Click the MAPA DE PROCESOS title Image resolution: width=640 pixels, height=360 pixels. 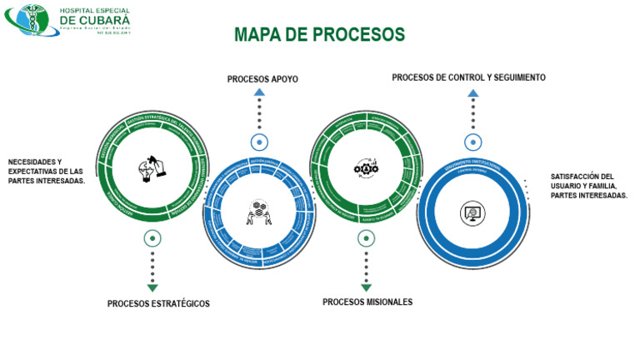tap(319, 35)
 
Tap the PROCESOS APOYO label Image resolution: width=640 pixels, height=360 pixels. tap(262, 79)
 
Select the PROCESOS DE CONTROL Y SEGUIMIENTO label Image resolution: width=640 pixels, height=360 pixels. tap(468, 77)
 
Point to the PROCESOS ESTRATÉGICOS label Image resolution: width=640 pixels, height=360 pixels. tap(158, 303)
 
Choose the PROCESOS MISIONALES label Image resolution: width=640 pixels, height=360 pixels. tap(367, 302)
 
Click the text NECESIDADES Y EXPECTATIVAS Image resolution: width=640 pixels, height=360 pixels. tap(47, 171)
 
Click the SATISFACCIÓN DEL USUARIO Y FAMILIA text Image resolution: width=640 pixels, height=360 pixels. tap(588, 185)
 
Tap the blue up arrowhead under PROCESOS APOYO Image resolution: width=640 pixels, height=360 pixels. tap(259, 92)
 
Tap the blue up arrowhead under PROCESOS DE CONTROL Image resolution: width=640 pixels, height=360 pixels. tap(472, 92)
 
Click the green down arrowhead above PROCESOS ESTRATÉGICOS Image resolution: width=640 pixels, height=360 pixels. tap(152, 287)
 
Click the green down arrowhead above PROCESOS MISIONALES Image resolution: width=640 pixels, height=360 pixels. tap(366, 287)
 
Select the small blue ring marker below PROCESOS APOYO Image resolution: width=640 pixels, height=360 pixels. tap(259, 142)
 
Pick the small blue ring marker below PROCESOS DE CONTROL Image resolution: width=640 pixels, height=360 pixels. tap(472, 142)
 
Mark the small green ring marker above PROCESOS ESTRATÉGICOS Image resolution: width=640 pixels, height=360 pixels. tap(152, 238)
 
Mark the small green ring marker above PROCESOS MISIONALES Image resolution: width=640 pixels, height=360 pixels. tap(366, 238)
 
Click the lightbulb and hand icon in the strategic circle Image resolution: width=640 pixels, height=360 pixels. tap(152, 167)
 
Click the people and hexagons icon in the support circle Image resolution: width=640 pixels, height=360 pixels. tap(259, 212)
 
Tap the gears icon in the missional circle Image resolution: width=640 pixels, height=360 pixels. tap(366, 167)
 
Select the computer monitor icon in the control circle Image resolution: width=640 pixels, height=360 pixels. tap(472, 212)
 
